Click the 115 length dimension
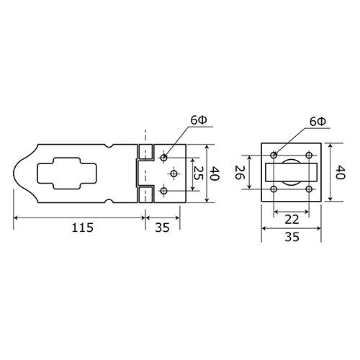pyautogui.click(x=82, y=228)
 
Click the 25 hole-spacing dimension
pyautogui.click(x=199, y=173)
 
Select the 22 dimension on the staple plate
pyautogui.click(x=292, y=220)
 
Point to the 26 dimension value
pyautogui.click(x=239, y=172)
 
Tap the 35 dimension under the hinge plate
pyautogui.click(x=163, y=228)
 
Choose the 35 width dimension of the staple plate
pyautogui.click(x=292, y=237)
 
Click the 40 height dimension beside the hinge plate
pyautogui.click(x=215, y=174)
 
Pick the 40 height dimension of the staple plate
pyautogui.click(x=340, y=172)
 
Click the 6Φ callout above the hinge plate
pyautogui.click(x=199, y=120)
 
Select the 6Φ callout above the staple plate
pyautogui.click(x=318, y=122)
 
